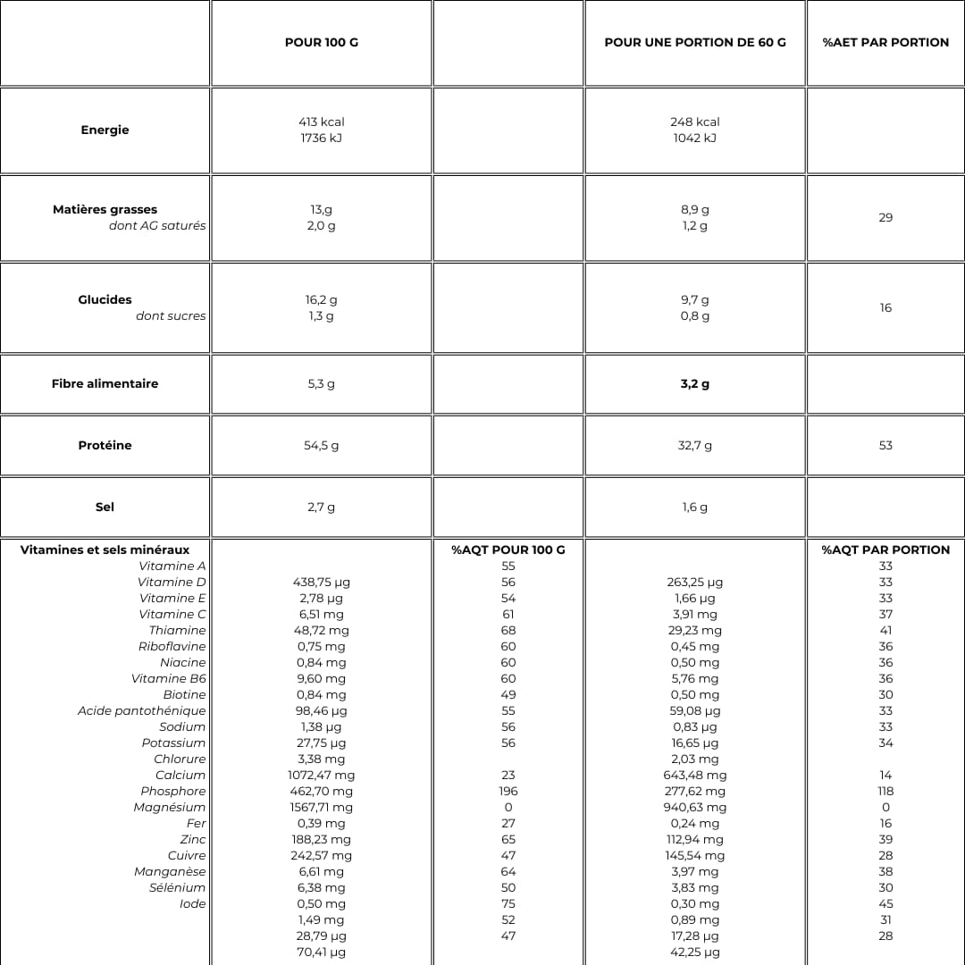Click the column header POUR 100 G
tap(322, 42)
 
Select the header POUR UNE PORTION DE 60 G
tap(695, 42)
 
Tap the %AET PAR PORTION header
tap(885, 42)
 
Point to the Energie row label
tap(105, 130)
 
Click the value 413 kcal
tap(322, 122)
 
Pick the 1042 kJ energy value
tap(695, 138)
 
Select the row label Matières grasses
tap(105, 209)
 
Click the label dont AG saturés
tap(157, 225)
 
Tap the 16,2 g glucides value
tap(322, 299)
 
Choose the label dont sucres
tap(171, 315)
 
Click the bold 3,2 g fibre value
tap(695, 383)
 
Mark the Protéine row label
tap(105, 445)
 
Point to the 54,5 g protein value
tap(322, 445)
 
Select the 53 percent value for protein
tap(885, 445)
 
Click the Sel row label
tap(105, 507)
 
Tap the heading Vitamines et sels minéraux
tap(105, 550)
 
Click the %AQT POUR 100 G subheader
tap(508, 550)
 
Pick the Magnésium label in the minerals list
tap(170, 807)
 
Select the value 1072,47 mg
tap(322, 775)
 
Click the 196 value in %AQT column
tap(508, 791)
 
